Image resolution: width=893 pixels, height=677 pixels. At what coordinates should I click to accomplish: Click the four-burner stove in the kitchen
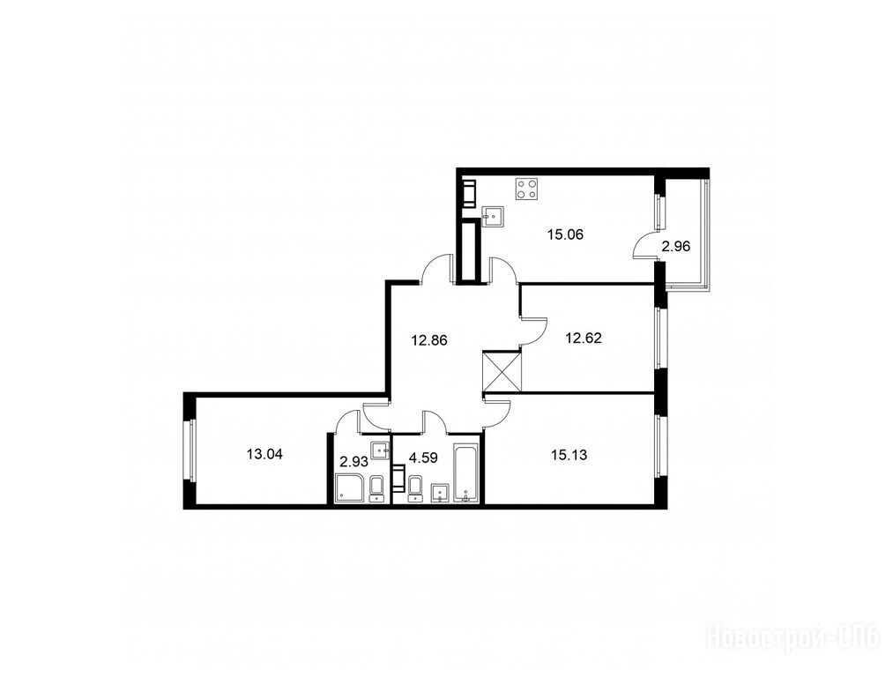coord(527,189)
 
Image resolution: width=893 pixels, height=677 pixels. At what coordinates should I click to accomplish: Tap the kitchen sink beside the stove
coord(493,216)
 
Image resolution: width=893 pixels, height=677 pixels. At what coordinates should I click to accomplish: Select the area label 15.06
coord(566,234)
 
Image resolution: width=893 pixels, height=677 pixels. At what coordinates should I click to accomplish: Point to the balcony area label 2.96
coord(675,247)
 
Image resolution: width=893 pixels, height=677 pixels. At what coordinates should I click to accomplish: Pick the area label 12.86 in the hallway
coord(429,340)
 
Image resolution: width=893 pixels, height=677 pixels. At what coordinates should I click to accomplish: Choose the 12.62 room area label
coord(584,338)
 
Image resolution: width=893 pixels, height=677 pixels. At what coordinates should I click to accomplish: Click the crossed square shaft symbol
coord(502,371)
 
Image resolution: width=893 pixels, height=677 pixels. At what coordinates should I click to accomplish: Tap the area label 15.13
coord(569,455)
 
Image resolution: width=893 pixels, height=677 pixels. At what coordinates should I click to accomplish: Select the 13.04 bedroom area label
coord(264,454)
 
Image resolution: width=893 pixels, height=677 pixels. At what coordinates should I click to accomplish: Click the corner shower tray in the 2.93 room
coord(351,488)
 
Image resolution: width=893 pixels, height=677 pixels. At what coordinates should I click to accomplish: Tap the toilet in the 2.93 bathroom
coord(377,489)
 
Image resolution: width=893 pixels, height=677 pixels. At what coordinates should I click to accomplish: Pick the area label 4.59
coord(423,458)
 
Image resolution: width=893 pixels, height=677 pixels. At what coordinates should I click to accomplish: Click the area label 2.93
coord(353,460)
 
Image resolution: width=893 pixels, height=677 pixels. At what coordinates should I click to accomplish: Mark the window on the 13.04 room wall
coord(190,450)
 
